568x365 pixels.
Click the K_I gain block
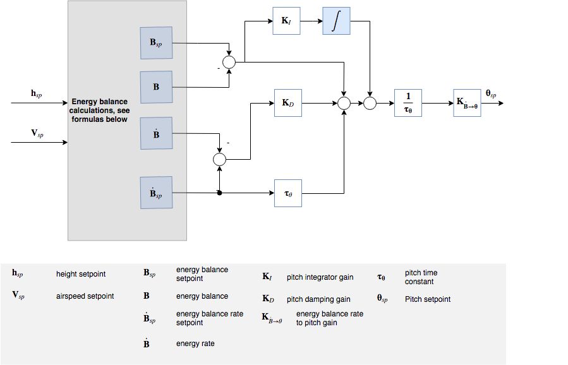click(287, 21)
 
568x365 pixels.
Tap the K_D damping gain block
click(287, 102)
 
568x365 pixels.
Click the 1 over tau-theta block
click(408, 102)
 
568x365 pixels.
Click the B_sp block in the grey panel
click(156, 42)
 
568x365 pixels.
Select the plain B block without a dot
click(156, 87)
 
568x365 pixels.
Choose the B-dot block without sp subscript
click(156, 133)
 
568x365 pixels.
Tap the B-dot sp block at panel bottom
click(156, 193)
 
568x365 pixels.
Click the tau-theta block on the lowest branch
click(287, 193)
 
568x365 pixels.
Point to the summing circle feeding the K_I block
click(229, 62)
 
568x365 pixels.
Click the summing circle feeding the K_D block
click(219, 160)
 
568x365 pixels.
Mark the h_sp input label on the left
click(37, 93)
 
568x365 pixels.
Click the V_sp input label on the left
click(37, 134)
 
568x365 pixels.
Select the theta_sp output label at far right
click(491, 93)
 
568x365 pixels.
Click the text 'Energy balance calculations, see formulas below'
click(100, 110)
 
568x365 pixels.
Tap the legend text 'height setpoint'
click(81, 274)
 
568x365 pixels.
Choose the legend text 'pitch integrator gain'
click(320, 277)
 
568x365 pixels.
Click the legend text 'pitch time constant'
click(421, 277)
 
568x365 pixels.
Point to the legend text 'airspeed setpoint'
click(85, 296)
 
